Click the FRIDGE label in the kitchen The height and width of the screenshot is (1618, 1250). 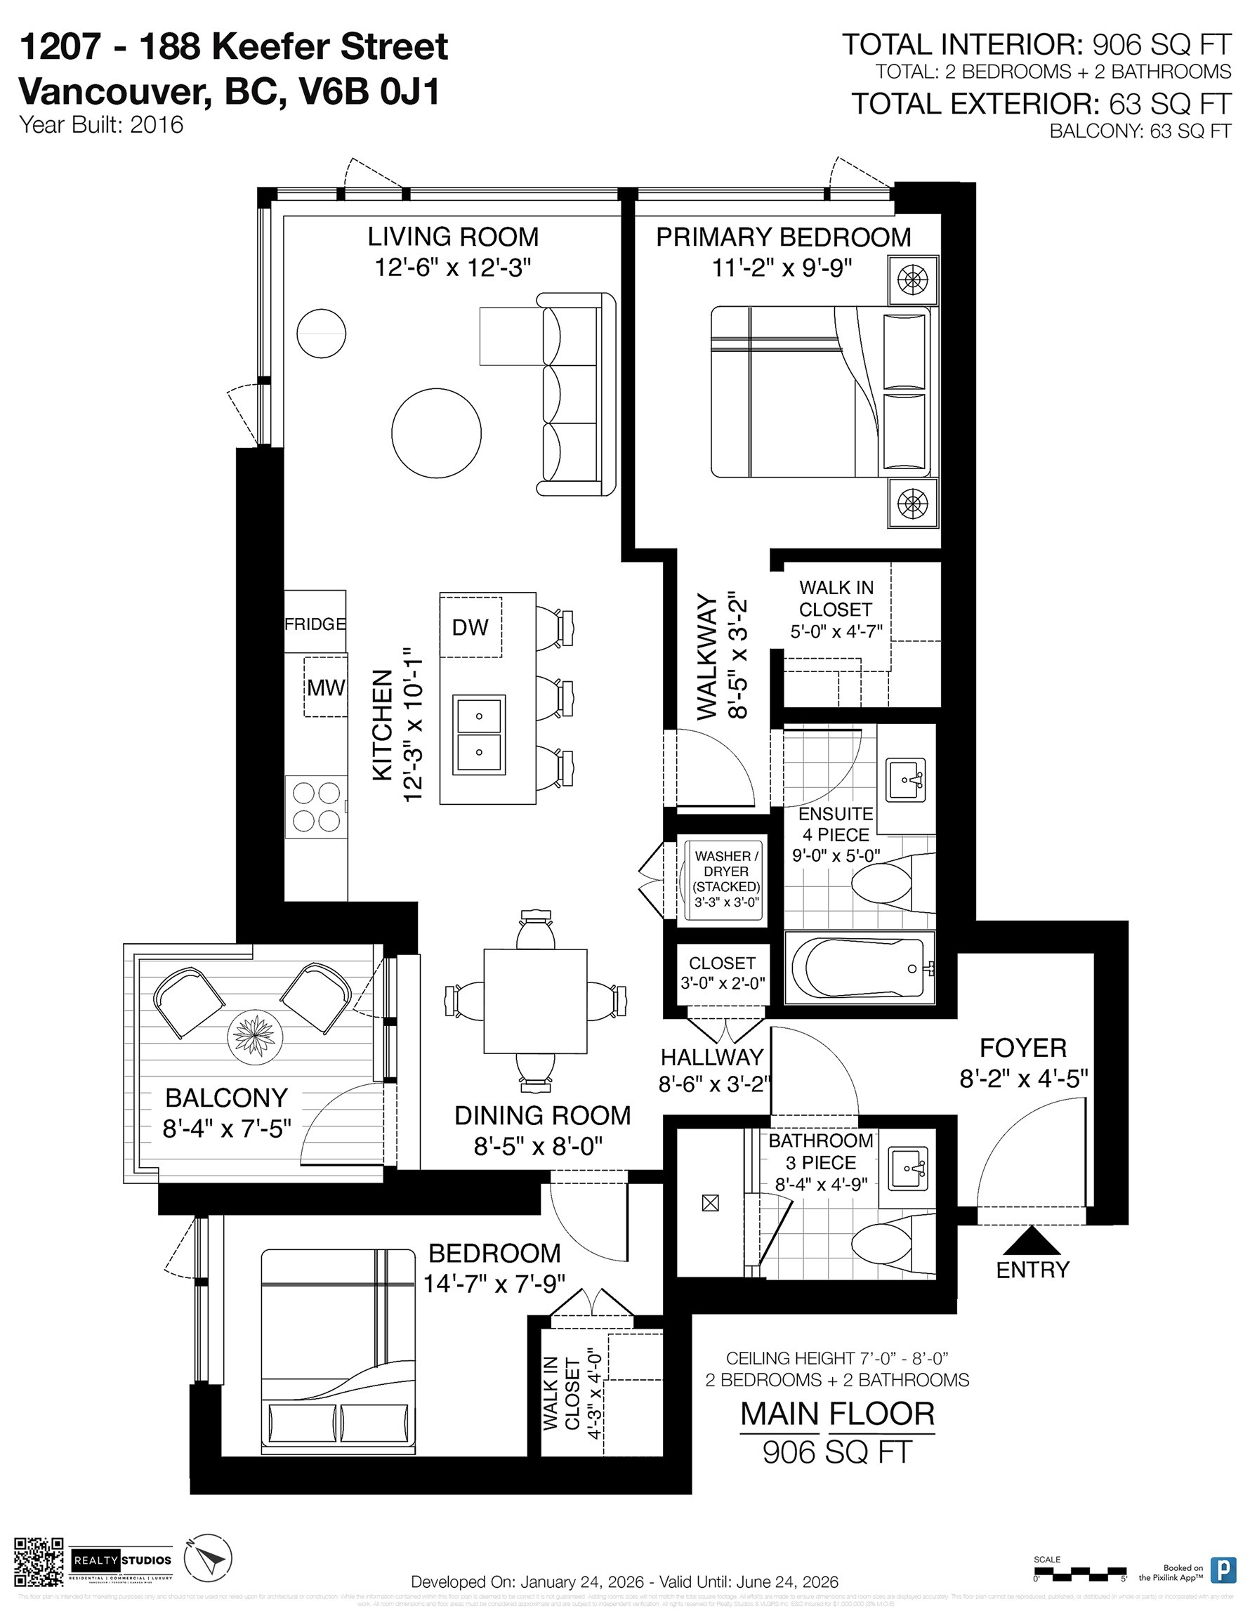[x=315, y=624]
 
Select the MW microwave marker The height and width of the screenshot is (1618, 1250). [x=325, y=687]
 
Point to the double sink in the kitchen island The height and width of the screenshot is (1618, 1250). [x=480, y=734]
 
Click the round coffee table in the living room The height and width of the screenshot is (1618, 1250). [x=435, y=433]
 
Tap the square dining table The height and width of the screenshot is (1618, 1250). [x=535, y=1001]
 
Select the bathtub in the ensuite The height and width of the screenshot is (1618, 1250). [x=858, y=968]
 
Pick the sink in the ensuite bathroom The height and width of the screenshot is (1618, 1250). [x=904, y=779]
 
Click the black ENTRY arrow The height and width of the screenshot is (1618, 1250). [x=1031, y=1239]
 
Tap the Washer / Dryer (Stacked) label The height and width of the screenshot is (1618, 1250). [x=725, y=879]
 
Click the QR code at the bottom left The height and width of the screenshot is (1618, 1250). [x=39, y=1562]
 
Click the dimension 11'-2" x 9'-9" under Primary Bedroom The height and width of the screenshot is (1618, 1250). [x=782, y=268]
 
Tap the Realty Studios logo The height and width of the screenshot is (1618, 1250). [x=122, y=1561]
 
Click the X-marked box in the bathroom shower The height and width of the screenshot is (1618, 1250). [x=710, y=1204]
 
